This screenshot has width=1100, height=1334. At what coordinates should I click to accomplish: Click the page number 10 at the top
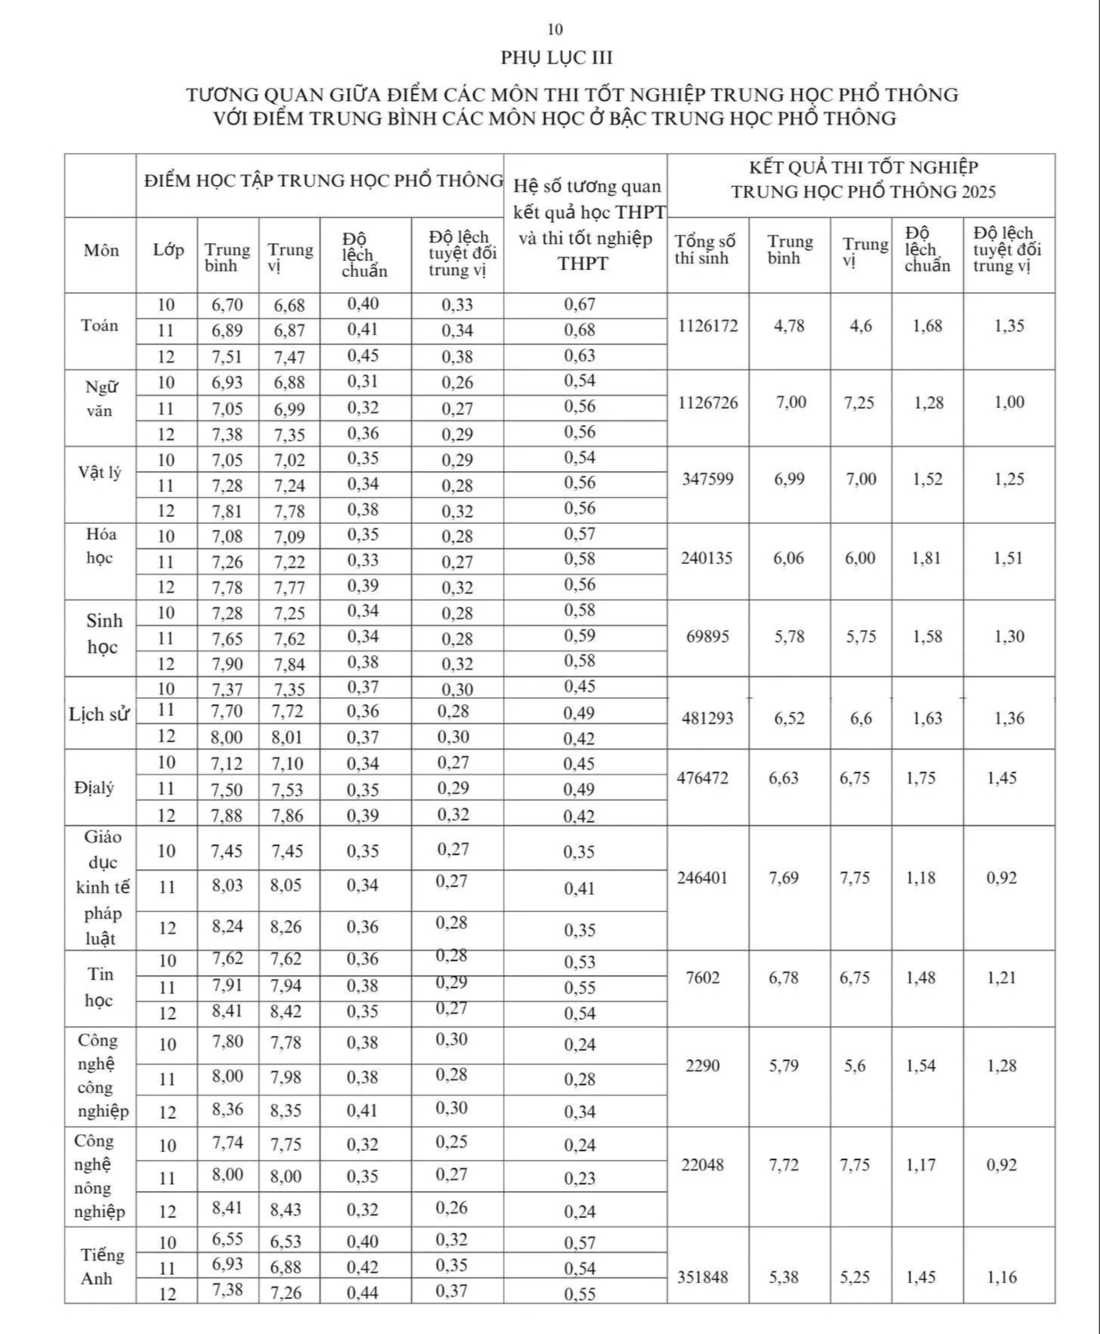coord(555,30)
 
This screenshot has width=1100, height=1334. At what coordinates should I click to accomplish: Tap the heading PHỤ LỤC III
coord(556,58)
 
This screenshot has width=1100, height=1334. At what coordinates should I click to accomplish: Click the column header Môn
coord(101,251)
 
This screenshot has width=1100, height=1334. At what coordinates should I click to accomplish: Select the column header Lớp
coord(168,250)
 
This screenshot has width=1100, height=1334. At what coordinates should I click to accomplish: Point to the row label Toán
coord(100,326)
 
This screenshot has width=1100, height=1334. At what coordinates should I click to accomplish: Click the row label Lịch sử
coord(98,715)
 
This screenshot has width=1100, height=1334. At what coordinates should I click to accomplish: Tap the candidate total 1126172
coord(708,326)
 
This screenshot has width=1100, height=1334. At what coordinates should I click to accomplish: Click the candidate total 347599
coord(708,479)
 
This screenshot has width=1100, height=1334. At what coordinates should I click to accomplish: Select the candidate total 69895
coord(708,637)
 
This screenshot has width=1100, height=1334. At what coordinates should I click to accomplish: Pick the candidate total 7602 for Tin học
coord(703,978)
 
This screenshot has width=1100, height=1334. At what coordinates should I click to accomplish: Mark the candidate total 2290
coord(703,1066)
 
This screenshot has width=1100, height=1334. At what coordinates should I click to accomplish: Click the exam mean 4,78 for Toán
coord(789,326)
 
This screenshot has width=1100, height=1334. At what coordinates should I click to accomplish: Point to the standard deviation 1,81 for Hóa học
coord(927,559)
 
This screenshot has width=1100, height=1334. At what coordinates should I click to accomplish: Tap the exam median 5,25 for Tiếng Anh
coord(858,1277)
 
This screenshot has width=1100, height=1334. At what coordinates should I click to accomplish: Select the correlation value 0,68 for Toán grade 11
coord(580,330)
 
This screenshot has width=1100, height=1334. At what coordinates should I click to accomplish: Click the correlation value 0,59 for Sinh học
coord(580,636)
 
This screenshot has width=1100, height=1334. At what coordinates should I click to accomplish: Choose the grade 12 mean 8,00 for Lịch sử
coord(227,736)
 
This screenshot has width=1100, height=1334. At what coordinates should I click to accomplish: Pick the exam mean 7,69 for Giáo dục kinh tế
coord(784,878)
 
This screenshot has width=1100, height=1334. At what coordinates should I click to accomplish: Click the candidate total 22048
coord(703,1165)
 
